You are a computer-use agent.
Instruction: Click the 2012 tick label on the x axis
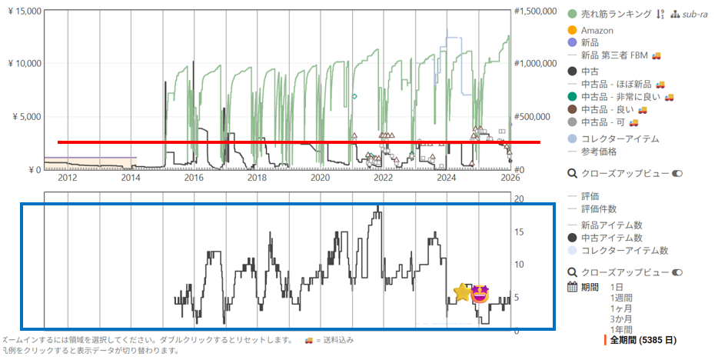pyautogui.click(x=67, y=178)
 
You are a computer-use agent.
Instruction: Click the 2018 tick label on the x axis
pyautogui.click(x=257, y=178)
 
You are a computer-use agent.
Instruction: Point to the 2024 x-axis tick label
pyautogui.click(x=447, y=178)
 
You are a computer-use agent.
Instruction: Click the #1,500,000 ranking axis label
pyautogui.click(x=536, y=11)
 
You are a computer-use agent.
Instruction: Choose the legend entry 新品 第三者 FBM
pyautogui.click(x=617, y=55)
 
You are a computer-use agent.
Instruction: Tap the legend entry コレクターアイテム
pyautogui.click(x=620, y=138)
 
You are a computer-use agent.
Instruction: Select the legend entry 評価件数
pyautogui.click(x=599, y=208)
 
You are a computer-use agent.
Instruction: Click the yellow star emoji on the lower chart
pyautogui.click(x=462, y=292)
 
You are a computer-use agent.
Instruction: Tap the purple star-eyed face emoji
pyautogui.click(x=480, y=293)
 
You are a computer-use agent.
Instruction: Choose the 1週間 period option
pyautogui.click(x=621, y=298)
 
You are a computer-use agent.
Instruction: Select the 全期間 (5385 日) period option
pyautogui.click(x=643, y=339)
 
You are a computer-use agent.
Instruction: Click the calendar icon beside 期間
pyautogui.click(x=573, y=287)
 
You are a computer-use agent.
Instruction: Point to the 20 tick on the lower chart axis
pyautogui.click(x=519, y=198)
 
